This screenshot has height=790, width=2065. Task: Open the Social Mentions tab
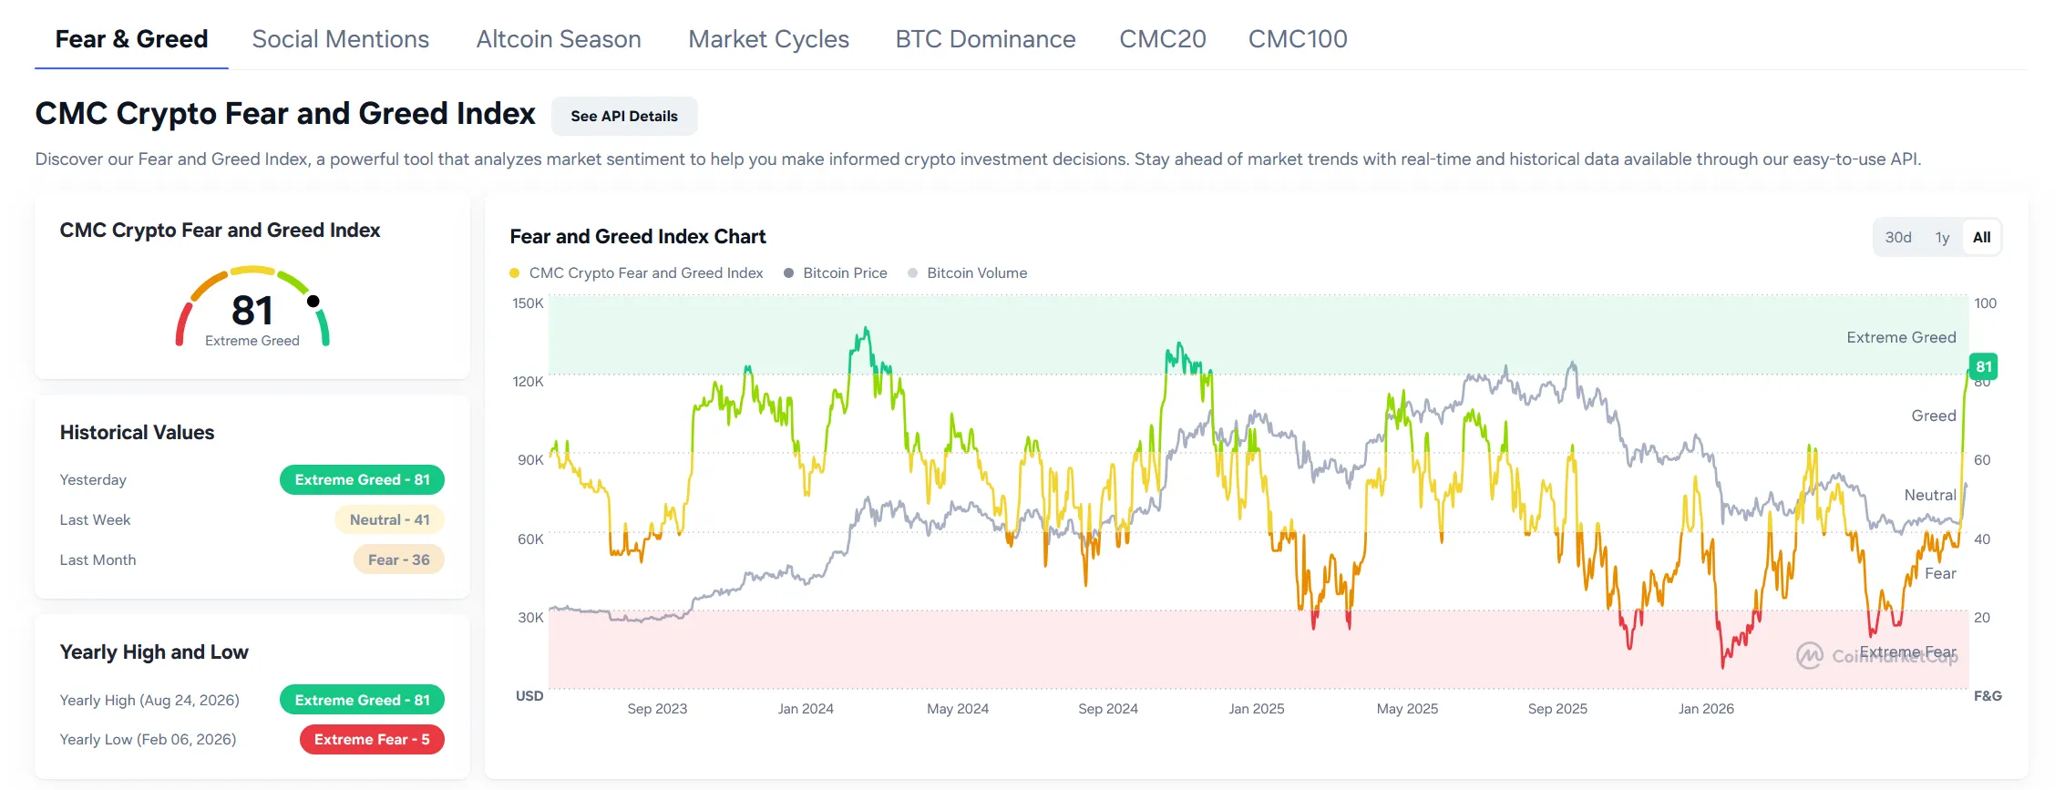click(340, 39)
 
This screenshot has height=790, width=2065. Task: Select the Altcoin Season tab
click(559, 39)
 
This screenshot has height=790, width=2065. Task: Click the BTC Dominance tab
click(985, 39)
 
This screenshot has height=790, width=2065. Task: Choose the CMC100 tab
click(1298, 39)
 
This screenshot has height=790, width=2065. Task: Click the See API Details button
click(624, 116)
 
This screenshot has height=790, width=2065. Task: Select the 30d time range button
click(1898, 237)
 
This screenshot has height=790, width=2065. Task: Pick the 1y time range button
click(1942, 237)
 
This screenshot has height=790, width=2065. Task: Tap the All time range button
click(1981, 237)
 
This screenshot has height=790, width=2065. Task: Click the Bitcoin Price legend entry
click(836, 272)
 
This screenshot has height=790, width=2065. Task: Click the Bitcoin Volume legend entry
click(968, 272)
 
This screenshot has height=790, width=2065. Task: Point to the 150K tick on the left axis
click(528, 303)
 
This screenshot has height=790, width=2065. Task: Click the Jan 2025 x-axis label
click(1257, 709)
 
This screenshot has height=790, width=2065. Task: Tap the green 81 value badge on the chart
click(1983, 366)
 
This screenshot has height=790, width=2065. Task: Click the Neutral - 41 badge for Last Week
click(389, 519)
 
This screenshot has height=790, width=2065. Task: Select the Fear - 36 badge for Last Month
click(398, 559)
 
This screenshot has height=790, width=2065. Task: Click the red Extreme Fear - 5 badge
click(372, 739)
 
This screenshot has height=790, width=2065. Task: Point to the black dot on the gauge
click(313, 301)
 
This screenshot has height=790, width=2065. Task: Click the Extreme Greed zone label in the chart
click(1901, 337)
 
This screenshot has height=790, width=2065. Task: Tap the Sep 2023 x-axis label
click(657, 709)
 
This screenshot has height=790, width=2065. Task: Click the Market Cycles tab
click(768, 39)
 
